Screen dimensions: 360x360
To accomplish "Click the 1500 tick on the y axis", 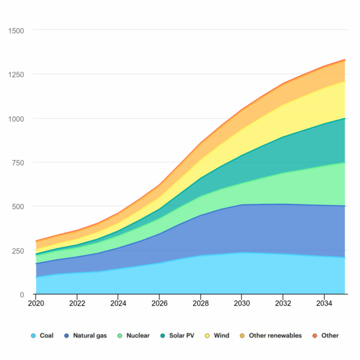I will point(16,30).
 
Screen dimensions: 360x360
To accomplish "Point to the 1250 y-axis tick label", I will point(16,75).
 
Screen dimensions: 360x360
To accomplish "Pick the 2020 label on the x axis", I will point(36,303).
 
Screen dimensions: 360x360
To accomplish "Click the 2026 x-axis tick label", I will point(159,303).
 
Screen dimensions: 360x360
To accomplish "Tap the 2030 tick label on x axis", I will point(242,303).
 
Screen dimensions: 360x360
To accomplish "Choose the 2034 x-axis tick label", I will point(324,303).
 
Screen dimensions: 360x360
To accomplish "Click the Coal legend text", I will point(46,336).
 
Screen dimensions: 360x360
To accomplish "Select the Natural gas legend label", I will point(90,336).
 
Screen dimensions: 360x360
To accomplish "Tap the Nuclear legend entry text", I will point(138,336).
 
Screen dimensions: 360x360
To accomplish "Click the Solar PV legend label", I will point(181,336).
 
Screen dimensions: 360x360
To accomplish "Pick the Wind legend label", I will point(221,336).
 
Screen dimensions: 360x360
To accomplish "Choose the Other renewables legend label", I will point(275,336).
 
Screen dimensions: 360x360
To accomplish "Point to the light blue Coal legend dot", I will point(33,336).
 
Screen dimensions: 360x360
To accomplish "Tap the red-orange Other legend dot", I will point(315,336).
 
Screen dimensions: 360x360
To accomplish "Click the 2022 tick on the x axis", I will point(77,303).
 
